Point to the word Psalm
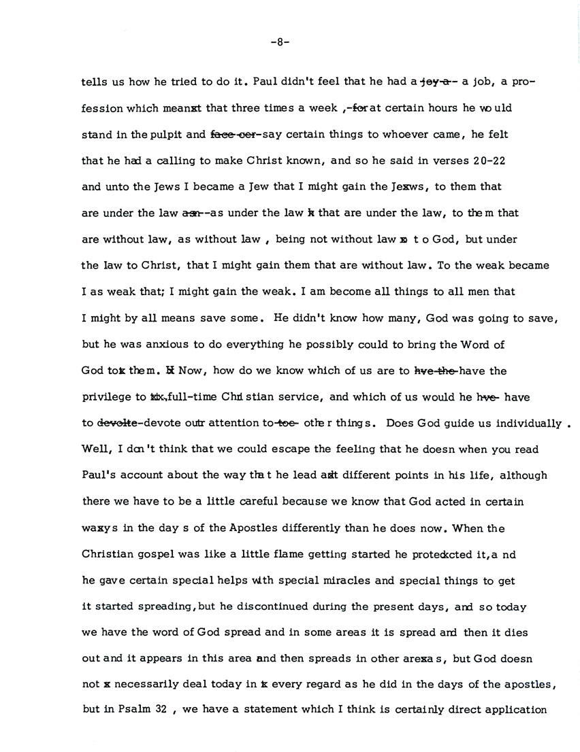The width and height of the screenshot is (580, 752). coord(127,710)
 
